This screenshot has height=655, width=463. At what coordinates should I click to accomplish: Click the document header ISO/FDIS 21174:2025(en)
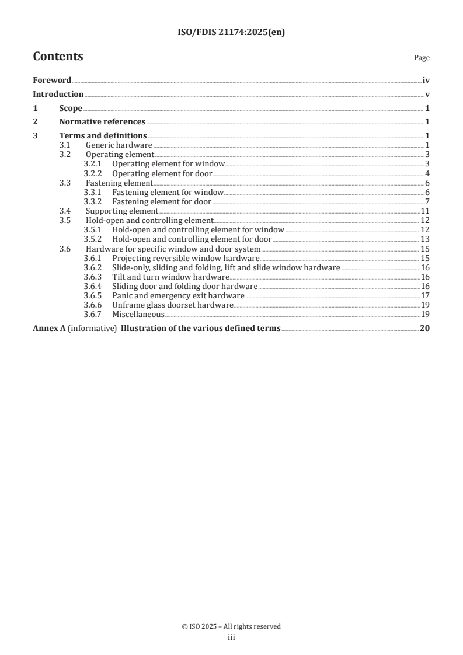click(231, 33)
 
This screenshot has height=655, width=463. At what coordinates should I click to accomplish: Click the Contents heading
click(58, 57)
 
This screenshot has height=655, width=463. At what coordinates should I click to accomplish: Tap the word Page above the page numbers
click(422, 58)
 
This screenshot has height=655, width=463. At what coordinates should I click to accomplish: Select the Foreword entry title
click(52, 81)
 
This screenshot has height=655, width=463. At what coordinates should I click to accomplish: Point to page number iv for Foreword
click(426, 81)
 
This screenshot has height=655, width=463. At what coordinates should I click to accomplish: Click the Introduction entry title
click(58, 94)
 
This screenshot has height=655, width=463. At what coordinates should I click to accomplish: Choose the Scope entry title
click(71, 108)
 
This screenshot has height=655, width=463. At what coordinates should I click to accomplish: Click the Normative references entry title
click(102, 122)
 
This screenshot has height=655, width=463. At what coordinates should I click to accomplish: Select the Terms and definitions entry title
click(103, 136)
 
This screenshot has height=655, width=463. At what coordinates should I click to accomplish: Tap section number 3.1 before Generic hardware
click(65, 145)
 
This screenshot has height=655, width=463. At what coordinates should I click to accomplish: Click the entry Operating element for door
click(162, 174)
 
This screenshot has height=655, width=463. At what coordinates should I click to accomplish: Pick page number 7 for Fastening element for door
click(427, 202)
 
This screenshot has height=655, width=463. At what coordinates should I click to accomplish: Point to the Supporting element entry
click(121, 211)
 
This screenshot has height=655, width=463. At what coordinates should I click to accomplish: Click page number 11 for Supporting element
click(425, 211)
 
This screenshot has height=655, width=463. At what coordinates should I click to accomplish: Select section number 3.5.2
click(93, 239)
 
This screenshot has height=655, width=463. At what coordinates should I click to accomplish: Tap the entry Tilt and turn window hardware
click(170, 277)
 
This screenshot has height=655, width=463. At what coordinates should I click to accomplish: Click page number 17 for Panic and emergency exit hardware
click(425, 295)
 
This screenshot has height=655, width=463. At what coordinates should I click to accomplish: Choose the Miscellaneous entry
click(138, 314)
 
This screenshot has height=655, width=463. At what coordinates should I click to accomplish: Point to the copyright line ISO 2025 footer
click(231, 626)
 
